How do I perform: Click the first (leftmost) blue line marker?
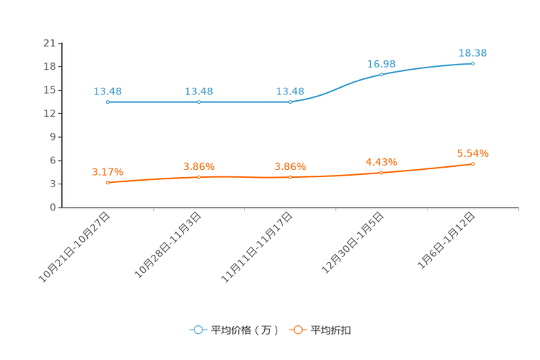pos(107,102)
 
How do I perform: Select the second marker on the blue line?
pos(198,102)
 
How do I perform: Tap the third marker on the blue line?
pos(290,102)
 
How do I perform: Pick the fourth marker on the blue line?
pos(381,74)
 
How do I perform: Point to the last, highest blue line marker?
pos(472,64)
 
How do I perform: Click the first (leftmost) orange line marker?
pos(107,182)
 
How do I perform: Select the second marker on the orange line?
pos(198,176)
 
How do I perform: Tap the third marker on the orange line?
pos(290,176)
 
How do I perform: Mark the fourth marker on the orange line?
pos(381,172)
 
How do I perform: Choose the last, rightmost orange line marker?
pos(472,164)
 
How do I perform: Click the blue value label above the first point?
pos(107,91)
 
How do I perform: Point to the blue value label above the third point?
pos(290,91)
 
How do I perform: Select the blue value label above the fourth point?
pos(381,63)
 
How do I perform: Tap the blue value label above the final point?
pos(472,53)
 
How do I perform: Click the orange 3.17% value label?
pos(107,171)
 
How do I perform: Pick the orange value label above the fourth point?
pos(381,161)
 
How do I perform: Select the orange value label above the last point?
pos(472,153)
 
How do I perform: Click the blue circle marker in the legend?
pos(197,330)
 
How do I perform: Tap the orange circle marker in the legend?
pos(298,330)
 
